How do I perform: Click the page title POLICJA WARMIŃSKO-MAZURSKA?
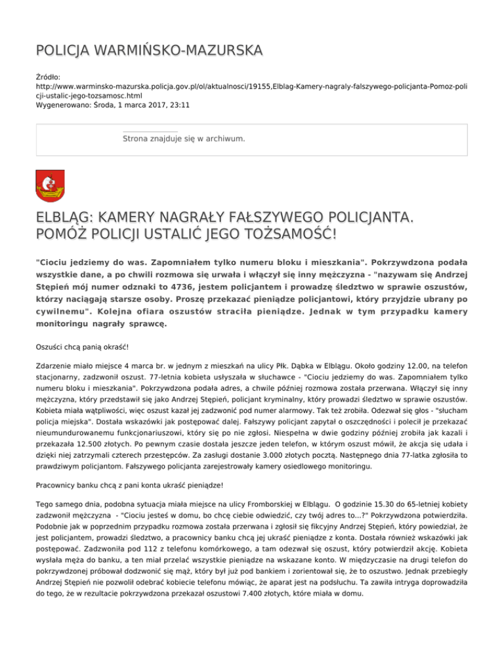point(149,51)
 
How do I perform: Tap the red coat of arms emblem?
point(50,185)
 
